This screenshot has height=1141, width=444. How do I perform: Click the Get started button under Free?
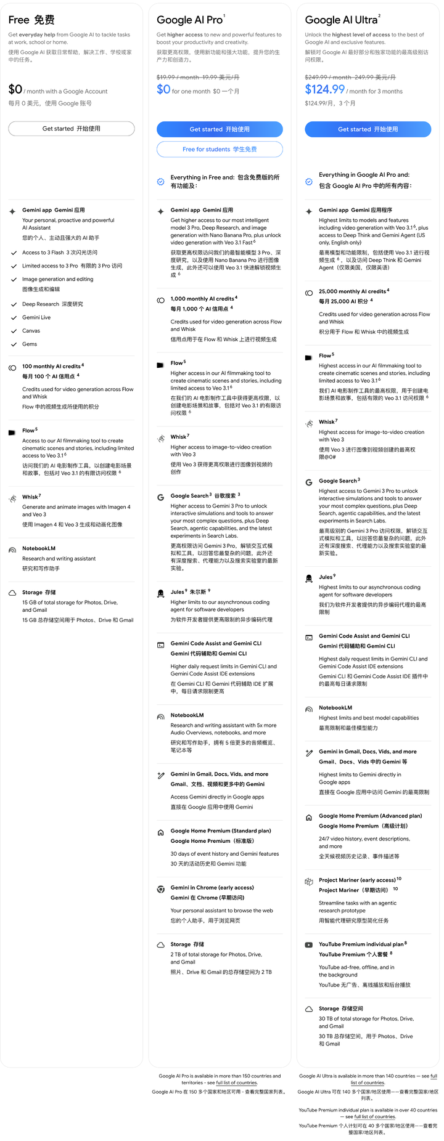tap(72, 129)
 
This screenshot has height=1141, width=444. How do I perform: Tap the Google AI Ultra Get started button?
tap(368, 129)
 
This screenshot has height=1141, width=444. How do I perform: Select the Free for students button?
tap(220, 149)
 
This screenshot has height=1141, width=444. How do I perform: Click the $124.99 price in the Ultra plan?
tap(324, 89)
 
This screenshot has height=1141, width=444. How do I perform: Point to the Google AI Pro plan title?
tap(189, 20)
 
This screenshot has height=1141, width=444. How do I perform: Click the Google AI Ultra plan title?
tap(341, 20)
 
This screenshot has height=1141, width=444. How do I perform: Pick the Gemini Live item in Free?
tap(36, 317)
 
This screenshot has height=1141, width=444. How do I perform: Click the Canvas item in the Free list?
tap(31, 331)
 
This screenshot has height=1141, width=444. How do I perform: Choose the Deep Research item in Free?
tap(52, 304)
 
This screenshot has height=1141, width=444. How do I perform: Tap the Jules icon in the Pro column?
tap(160, 594)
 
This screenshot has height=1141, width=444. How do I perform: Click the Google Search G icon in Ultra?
tap(309, 482)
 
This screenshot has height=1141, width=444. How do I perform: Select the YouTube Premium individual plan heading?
tap(361, 944)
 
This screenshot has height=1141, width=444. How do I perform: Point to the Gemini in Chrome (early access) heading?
tap(212, 887)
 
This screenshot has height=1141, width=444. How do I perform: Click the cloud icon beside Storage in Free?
tap(12, 593)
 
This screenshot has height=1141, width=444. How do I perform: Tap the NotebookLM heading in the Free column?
tap(39, 548)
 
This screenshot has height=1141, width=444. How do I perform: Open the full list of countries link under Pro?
tap(236, 1082)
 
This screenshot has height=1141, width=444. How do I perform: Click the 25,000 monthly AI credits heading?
tap(352, 291)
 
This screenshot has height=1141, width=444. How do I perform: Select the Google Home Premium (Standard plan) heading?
tap(221, 830)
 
